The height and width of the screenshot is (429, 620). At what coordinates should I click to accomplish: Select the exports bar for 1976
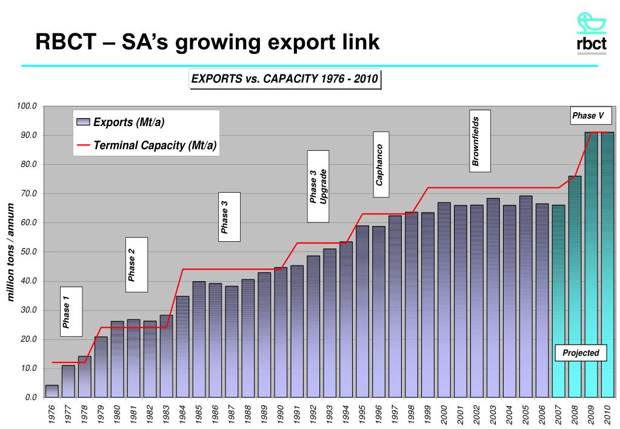tap(52, 391)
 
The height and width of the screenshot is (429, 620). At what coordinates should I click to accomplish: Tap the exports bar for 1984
tap(182, 346)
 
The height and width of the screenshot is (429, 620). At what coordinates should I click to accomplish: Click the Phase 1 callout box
tap(71, 311)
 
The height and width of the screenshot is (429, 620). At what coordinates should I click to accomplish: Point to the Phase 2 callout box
tap(136, 265)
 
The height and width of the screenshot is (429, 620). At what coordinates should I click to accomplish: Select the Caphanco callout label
tap(381, 164)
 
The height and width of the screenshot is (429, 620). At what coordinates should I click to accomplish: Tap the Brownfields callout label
tap(479, 141)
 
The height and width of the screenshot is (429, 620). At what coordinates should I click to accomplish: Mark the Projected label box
tap(581, 353)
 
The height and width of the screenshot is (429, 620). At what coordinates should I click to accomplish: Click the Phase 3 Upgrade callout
tap(318, 186)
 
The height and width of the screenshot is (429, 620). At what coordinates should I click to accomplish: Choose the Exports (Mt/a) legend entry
tap(121, 122)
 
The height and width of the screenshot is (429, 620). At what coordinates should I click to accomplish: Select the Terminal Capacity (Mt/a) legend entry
tap(146, 145)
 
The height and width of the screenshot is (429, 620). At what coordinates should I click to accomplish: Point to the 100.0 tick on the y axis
tap(27, 107)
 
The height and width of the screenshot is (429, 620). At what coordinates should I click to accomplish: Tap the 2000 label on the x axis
tap(444, 416)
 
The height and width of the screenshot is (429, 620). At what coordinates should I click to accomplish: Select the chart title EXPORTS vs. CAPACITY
tap(285, 79)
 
